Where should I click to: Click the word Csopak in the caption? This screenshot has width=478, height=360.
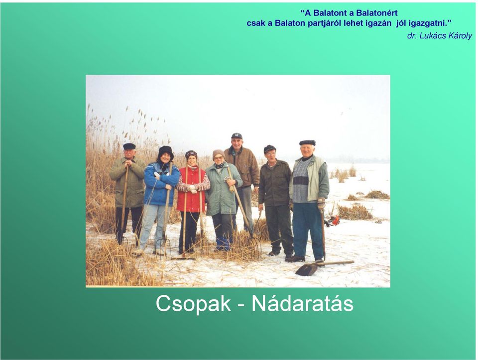click(193, 303)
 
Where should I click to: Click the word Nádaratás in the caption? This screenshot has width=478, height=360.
click(302, 303)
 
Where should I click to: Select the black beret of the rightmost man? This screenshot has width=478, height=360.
click(307, 143)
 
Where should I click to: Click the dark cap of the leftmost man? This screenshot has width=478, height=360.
click(129, 146)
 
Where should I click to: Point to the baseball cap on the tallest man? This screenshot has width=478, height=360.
click(237, 135)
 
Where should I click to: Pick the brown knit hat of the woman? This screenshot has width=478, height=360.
click(218, 153)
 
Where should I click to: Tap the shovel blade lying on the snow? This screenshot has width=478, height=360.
click(307, 269)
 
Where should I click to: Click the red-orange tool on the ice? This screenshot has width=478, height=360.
click(333, 220)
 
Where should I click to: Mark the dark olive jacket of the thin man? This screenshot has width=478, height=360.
click(275, 183)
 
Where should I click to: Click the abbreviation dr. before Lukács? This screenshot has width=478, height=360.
click(412, 36)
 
